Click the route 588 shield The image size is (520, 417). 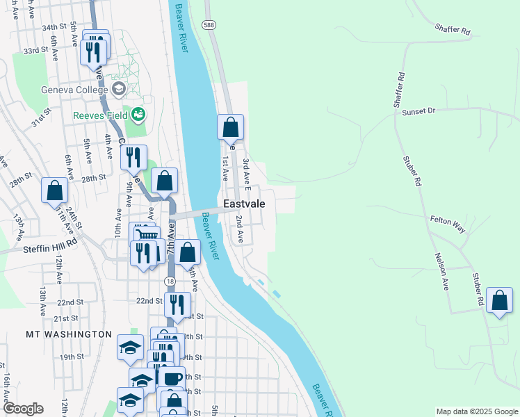click(209, 25)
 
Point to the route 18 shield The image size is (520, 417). click(170, 281)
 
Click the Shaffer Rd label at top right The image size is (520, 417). click(453, 29)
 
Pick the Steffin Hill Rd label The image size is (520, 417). click(51, 248)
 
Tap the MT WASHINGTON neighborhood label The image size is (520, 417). click(69, 334)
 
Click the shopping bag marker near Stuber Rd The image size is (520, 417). click(499, 300)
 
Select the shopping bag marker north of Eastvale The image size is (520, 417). click(231, 128)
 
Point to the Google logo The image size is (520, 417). click(23, 409)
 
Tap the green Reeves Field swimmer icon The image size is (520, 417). click(138, 113)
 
